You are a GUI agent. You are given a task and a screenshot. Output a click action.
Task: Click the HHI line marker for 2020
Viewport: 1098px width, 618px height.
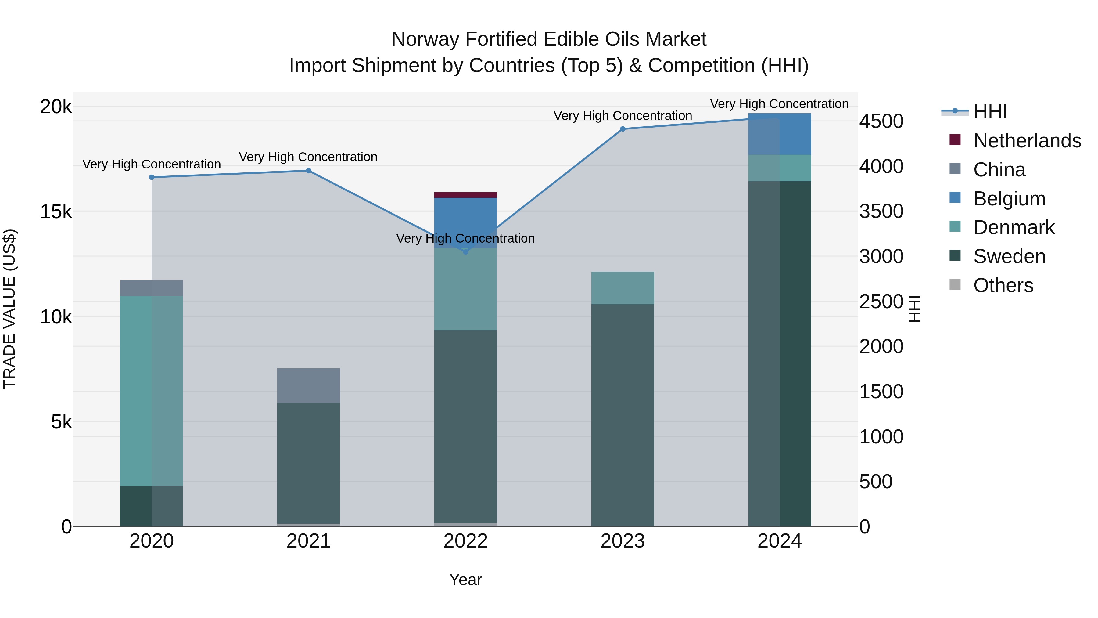tap(152, 177)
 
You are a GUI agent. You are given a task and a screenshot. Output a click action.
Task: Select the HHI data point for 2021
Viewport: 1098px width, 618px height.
tap(309, 171)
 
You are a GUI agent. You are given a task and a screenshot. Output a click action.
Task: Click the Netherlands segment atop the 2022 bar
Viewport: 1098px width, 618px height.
tap(465, 195)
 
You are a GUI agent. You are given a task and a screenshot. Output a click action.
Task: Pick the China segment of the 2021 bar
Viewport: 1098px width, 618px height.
tap(309, 385)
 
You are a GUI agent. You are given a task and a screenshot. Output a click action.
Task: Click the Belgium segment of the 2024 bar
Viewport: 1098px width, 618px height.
tap(780, 134)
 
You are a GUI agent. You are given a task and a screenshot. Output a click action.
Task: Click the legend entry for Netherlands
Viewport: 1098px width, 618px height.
tap(1027, 141)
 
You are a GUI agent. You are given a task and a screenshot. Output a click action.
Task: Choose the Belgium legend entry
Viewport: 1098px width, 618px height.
tap(1009, 199)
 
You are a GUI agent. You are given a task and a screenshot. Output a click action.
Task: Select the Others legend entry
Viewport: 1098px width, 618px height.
tap(1003, 285)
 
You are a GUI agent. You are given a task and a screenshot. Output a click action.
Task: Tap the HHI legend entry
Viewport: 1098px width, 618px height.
tap(990, 112)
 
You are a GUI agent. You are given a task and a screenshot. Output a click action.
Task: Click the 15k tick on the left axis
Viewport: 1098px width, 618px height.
tap(56, 211)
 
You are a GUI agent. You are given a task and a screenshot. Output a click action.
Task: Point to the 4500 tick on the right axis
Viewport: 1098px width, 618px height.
tap(881, 121)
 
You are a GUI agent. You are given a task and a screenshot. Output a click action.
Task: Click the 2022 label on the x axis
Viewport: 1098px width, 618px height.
tap(465, 541)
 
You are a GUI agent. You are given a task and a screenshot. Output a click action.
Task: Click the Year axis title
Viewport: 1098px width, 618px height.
tap(465, 580)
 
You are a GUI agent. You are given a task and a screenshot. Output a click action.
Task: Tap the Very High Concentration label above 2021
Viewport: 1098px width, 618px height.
tap(308, 157)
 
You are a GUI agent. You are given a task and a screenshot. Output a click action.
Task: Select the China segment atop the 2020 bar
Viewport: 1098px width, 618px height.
tap(152, 288)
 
